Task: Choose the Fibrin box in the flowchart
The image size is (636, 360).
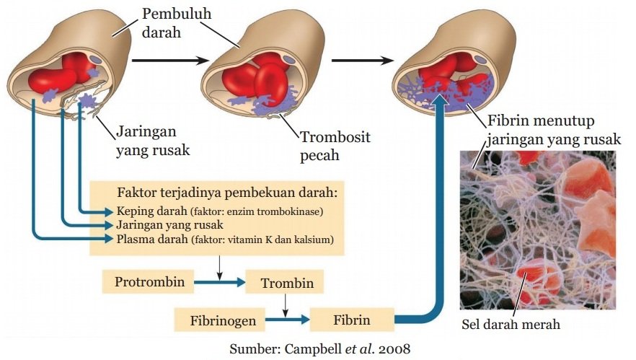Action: point(352,319)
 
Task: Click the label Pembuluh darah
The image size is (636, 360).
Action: point(170,24)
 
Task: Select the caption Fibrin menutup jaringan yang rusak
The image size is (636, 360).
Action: point(554,130)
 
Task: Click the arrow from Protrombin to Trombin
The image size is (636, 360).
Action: point(220,283)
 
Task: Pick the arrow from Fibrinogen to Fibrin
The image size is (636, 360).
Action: point(287,319)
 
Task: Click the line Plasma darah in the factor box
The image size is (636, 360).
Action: point(224,239)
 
